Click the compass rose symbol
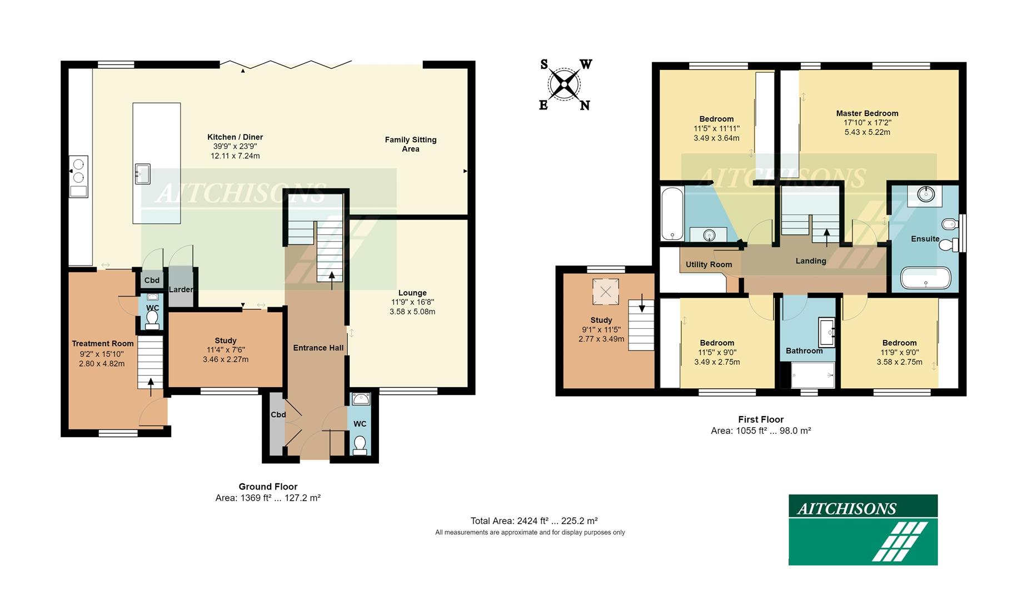pos(564,85)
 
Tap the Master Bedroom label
pos(866,113)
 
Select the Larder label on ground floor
pos(181,289)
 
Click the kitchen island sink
pos(142,173)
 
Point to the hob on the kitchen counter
pos(78,171)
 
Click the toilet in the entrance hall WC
pos(360,445)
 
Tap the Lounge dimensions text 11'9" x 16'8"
pos(412,302)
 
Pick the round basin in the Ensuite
pos(925,195)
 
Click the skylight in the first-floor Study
pos(605,292)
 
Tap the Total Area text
pos(534,521)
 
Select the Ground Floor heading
pos(268,487)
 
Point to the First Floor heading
pos(760,419)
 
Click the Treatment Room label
pos(102,343)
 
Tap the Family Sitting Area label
pos(410,144)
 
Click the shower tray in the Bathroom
pos(812,375)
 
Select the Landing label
pos(810,261)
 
